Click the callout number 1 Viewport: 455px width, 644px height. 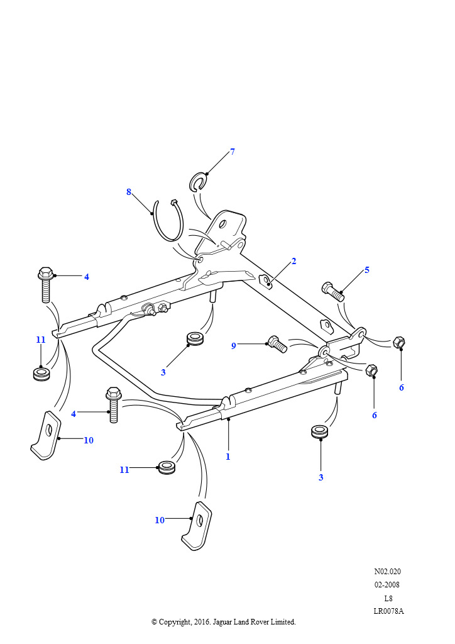(228, 457)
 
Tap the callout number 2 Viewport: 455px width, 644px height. (293, 261)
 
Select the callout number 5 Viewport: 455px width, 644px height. (367, 270)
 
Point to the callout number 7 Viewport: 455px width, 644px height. (232, 152)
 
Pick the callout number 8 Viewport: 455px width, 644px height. (129, 192)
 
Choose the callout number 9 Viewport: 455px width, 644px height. (233, 345)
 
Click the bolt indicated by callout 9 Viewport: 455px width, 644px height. (277, 343)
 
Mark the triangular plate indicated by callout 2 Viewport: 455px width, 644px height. (266, 281)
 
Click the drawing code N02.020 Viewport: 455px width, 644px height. (387, 572)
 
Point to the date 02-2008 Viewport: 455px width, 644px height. (387, 585)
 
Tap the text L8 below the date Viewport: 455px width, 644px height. (388, 598)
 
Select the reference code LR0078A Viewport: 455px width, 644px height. (388, 611)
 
